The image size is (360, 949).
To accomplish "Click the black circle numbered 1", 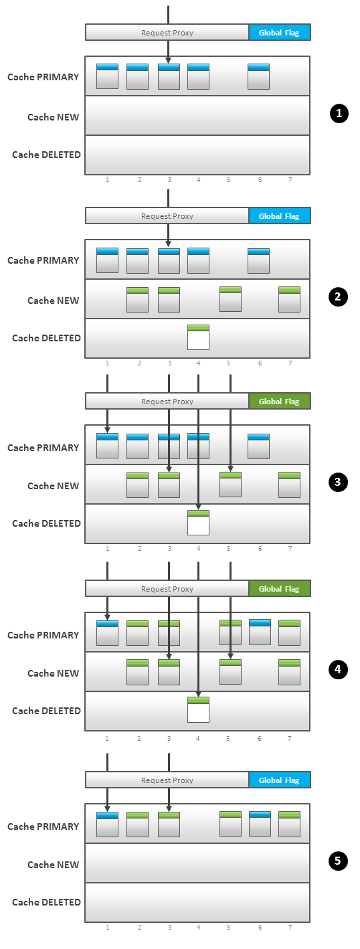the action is click(339, 114).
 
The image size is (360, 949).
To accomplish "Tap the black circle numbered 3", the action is click(338, 482).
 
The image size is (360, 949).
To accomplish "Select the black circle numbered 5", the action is click(338, 861).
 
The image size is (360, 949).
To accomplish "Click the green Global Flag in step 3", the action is click(280, 401).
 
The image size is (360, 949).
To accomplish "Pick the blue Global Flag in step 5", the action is click(280, 780).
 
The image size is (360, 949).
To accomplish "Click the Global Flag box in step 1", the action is click(280, 33).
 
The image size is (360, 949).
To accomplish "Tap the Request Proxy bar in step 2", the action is click(167, 215).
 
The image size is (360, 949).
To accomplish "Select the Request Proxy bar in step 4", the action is click(167, 588).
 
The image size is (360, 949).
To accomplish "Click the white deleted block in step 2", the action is click(198, 337).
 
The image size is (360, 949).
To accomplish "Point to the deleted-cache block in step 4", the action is click(198, 710).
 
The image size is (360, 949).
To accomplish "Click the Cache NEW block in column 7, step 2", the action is click(289, 300).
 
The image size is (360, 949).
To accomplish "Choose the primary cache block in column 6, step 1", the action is click(258, 77).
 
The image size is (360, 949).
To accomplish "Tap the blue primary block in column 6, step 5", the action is click(260, 824).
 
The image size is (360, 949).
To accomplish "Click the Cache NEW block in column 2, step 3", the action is click(138, 485).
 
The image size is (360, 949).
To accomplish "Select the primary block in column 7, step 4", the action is click(289, 632).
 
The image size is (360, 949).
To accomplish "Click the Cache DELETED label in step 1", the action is click(46, 155).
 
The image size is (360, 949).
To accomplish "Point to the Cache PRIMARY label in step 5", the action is click(43, 827).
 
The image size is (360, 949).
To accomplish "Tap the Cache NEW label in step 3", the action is click(54, 486).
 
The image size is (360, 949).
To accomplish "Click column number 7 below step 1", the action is click(290, 179).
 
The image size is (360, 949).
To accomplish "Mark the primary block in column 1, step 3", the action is click(107, 446).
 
